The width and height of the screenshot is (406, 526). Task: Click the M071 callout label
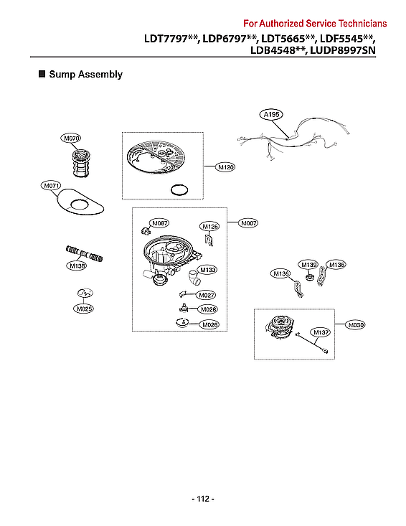(x=51, y=186)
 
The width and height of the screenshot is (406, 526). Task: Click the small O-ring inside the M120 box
(x=179, y=190)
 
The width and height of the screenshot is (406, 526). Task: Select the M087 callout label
(x=159, y=223)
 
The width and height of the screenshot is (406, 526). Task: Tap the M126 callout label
(x=209, y=227)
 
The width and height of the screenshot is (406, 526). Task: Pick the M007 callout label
(x=248, y=223)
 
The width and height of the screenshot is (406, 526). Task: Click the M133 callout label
(x=207, y=269)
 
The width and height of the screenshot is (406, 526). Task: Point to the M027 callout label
(x=207, y=296)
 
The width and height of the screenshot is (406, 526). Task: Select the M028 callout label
(x=208, y=309)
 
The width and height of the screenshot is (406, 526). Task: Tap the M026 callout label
(x=209, y=325)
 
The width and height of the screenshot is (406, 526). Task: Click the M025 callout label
(x=83, y=309)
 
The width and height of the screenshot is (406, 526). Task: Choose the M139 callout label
(x=308, y=265)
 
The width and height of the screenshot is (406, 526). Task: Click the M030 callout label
(x=355, y=325)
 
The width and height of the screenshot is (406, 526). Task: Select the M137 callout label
(x=319, y=332)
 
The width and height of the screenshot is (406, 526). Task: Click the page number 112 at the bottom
(x=203, y=499)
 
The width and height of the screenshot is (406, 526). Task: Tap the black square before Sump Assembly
(x=42, y=74)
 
